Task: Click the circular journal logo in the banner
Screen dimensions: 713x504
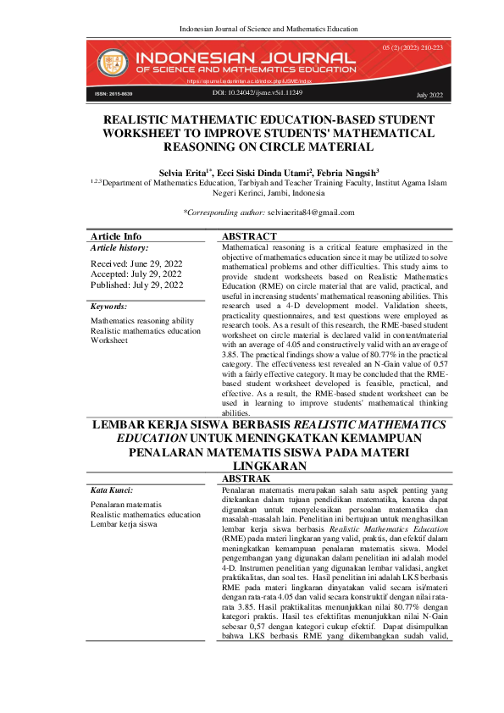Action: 109,61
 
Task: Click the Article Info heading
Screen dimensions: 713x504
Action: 116,236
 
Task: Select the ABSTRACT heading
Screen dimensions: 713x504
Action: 250,236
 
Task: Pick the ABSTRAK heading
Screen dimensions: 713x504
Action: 246,478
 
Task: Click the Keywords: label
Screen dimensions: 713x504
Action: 108,307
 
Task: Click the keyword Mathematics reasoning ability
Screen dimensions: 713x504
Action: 141,322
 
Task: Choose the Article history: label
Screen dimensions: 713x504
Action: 119,248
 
